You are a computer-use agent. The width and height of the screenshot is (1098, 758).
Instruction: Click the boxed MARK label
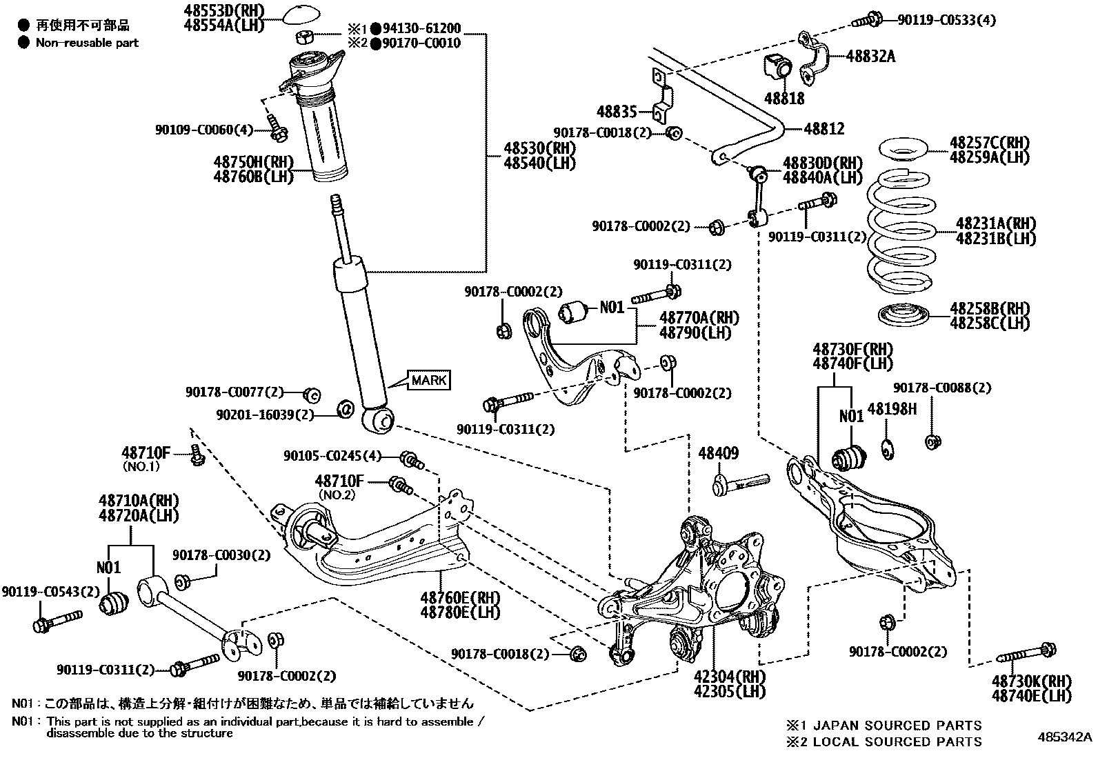[429, 380]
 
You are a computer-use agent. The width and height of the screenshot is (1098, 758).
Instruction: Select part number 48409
[718, 453]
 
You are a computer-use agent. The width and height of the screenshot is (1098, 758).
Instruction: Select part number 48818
[784, 99]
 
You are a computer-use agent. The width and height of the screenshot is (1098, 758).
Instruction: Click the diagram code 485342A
[1065, 737]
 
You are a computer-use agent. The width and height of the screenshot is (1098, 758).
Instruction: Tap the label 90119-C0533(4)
[946, 20]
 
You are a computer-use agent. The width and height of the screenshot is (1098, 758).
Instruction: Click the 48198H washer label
[892, 409]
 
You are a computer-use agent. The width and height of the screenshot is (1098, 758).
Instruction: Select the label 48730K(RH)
[1031, 681]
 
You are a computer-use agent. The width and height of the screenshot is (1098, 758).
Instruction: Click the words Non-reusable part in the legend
[88, 43]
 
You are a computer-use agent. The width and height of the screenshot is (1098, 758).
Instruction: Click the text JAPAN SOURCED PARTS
[897, 725]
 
